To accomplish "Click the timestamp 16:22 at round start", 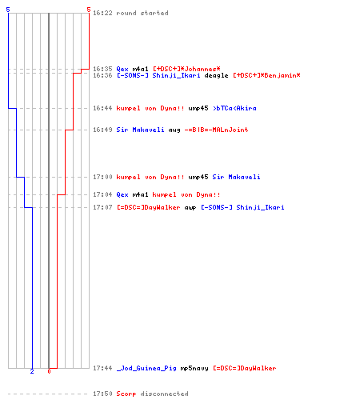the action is tap(102, 13).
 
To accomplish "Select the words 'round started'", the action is tap(142, 13).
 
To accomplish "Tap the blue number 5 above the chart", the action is tap(8, 10).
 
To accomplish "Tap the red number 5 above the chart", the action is tap(89, 10).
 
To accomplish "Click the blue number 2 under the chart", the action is tap(32, 371).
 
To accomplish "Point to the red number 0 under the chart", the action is tap(49, 371).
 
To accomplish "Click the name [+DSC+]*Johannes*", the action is tap(186, 69).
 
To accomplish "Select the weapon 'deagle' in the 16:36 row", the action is tap(216, 75).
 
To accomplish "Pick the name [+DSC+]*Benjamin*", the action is tap(266, 75).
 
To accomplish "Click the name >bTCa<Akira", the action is tap(234, 108).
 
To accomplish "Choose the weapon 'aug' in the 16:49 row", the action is tap(174, 130).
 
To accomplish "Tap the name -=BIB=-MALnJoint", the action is tap(216, 130).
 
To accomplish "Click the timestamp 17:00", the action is tap(102, 177).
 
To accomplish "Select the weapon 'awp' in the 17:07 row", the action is tap(190, 207).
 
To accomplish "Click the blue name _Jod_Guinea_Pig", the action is tap(146, 368).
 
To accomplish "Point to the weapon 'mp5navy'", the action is tap(194, 369).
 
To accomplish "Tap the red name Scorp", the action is tap(126, 394).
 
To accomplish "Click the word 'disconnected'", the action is tap(164, 394).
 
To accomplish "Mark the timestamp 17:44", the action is tap(102, 368).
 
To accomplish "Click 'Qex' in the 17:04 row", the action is tap(122, 194).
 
